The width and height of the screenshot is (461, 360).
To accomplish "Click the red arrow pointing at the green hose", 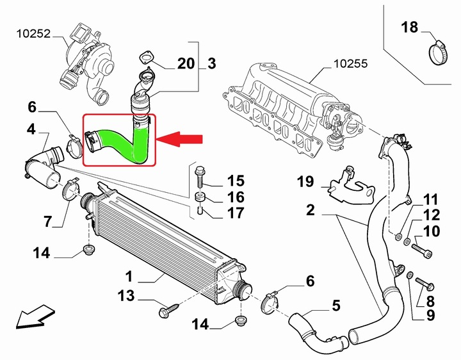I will (x=181, y=139).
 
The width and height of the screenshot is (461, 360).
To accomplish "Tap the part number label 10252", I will (x=33, y=31).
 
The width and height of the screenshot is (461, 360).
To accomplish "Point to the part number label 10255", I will (x=351, y=64).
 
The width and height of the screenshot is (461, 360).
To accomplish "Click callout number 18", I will (x=409, y=27).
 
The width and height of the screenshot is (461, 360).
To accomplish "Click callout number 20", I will (x=185, y=63).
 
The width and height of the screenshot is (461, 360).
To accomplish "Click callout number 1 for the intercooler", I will (x=129, y=277).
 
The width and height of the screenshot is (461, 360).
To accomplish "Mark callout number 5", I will (x=336, y=306).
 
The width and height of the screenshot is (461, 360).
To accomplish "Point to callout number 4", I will (x=31, y=129).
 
